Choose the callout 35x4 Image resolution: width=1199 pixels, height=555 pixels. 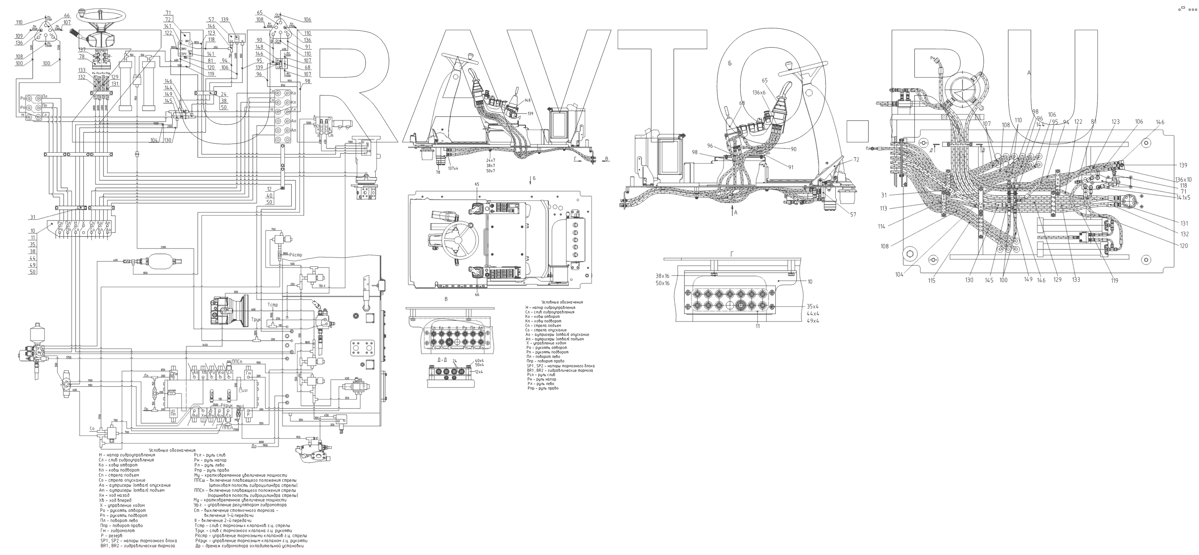tap(813, 306)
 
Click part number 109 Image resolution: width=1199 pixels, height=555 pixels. tap(19, 36)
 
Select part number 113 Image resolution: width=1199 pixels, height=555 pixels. tap(883, 209)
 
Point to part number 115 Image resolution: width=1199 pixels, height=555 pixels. tap(931, 281)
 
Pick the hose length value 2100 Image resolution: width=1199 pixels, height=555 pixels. tap(163, 247)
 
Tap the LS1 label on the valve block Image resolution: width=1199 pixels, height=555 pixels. tap(245, 390)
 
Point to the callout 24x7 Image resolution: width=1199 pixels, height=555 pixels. tap(490, 160)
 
